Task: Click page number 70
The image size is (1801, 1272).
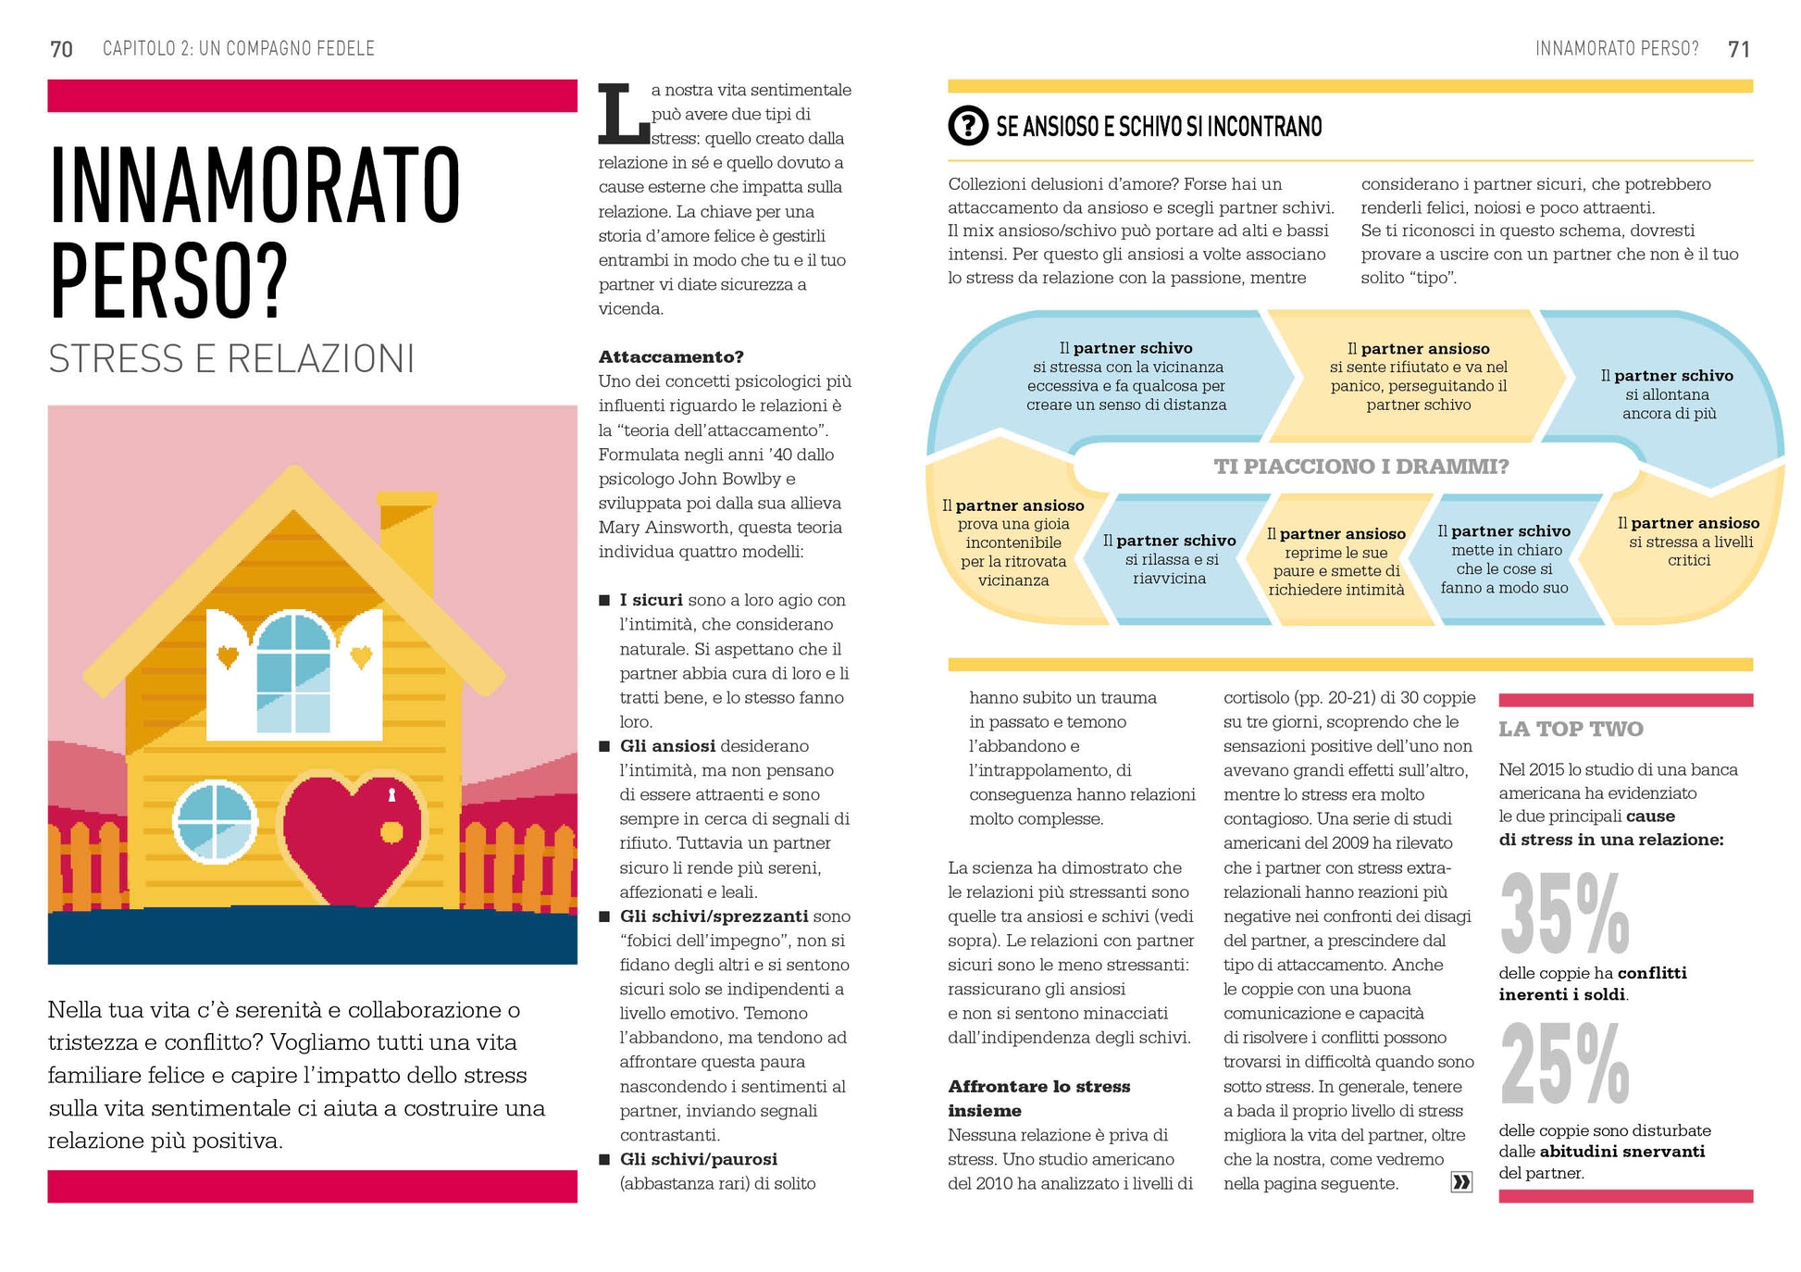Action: point(61,49)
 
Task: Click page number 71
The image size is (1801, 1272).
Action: point(1738,49)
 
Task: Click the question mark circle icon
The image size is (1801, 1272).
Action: point(968,125)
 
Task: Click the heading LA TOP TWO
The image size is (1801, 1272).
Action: point(1571,729)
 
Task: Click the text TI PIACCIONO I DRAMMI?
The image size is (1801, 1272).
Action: point(1360,467)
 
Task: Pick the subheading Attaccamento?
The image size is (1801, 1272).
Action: point(671,356)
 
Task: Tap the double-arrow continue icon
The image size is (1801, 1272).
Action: point(1460,1181)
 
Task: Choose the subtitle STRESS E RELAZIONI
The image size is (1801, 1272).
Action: point(231,359)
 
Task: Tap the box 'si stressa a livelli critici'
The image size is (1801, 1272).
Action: point(1688,542)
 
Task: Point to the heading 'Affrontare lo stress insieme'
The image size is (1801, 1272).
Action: point(1038,1098)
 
